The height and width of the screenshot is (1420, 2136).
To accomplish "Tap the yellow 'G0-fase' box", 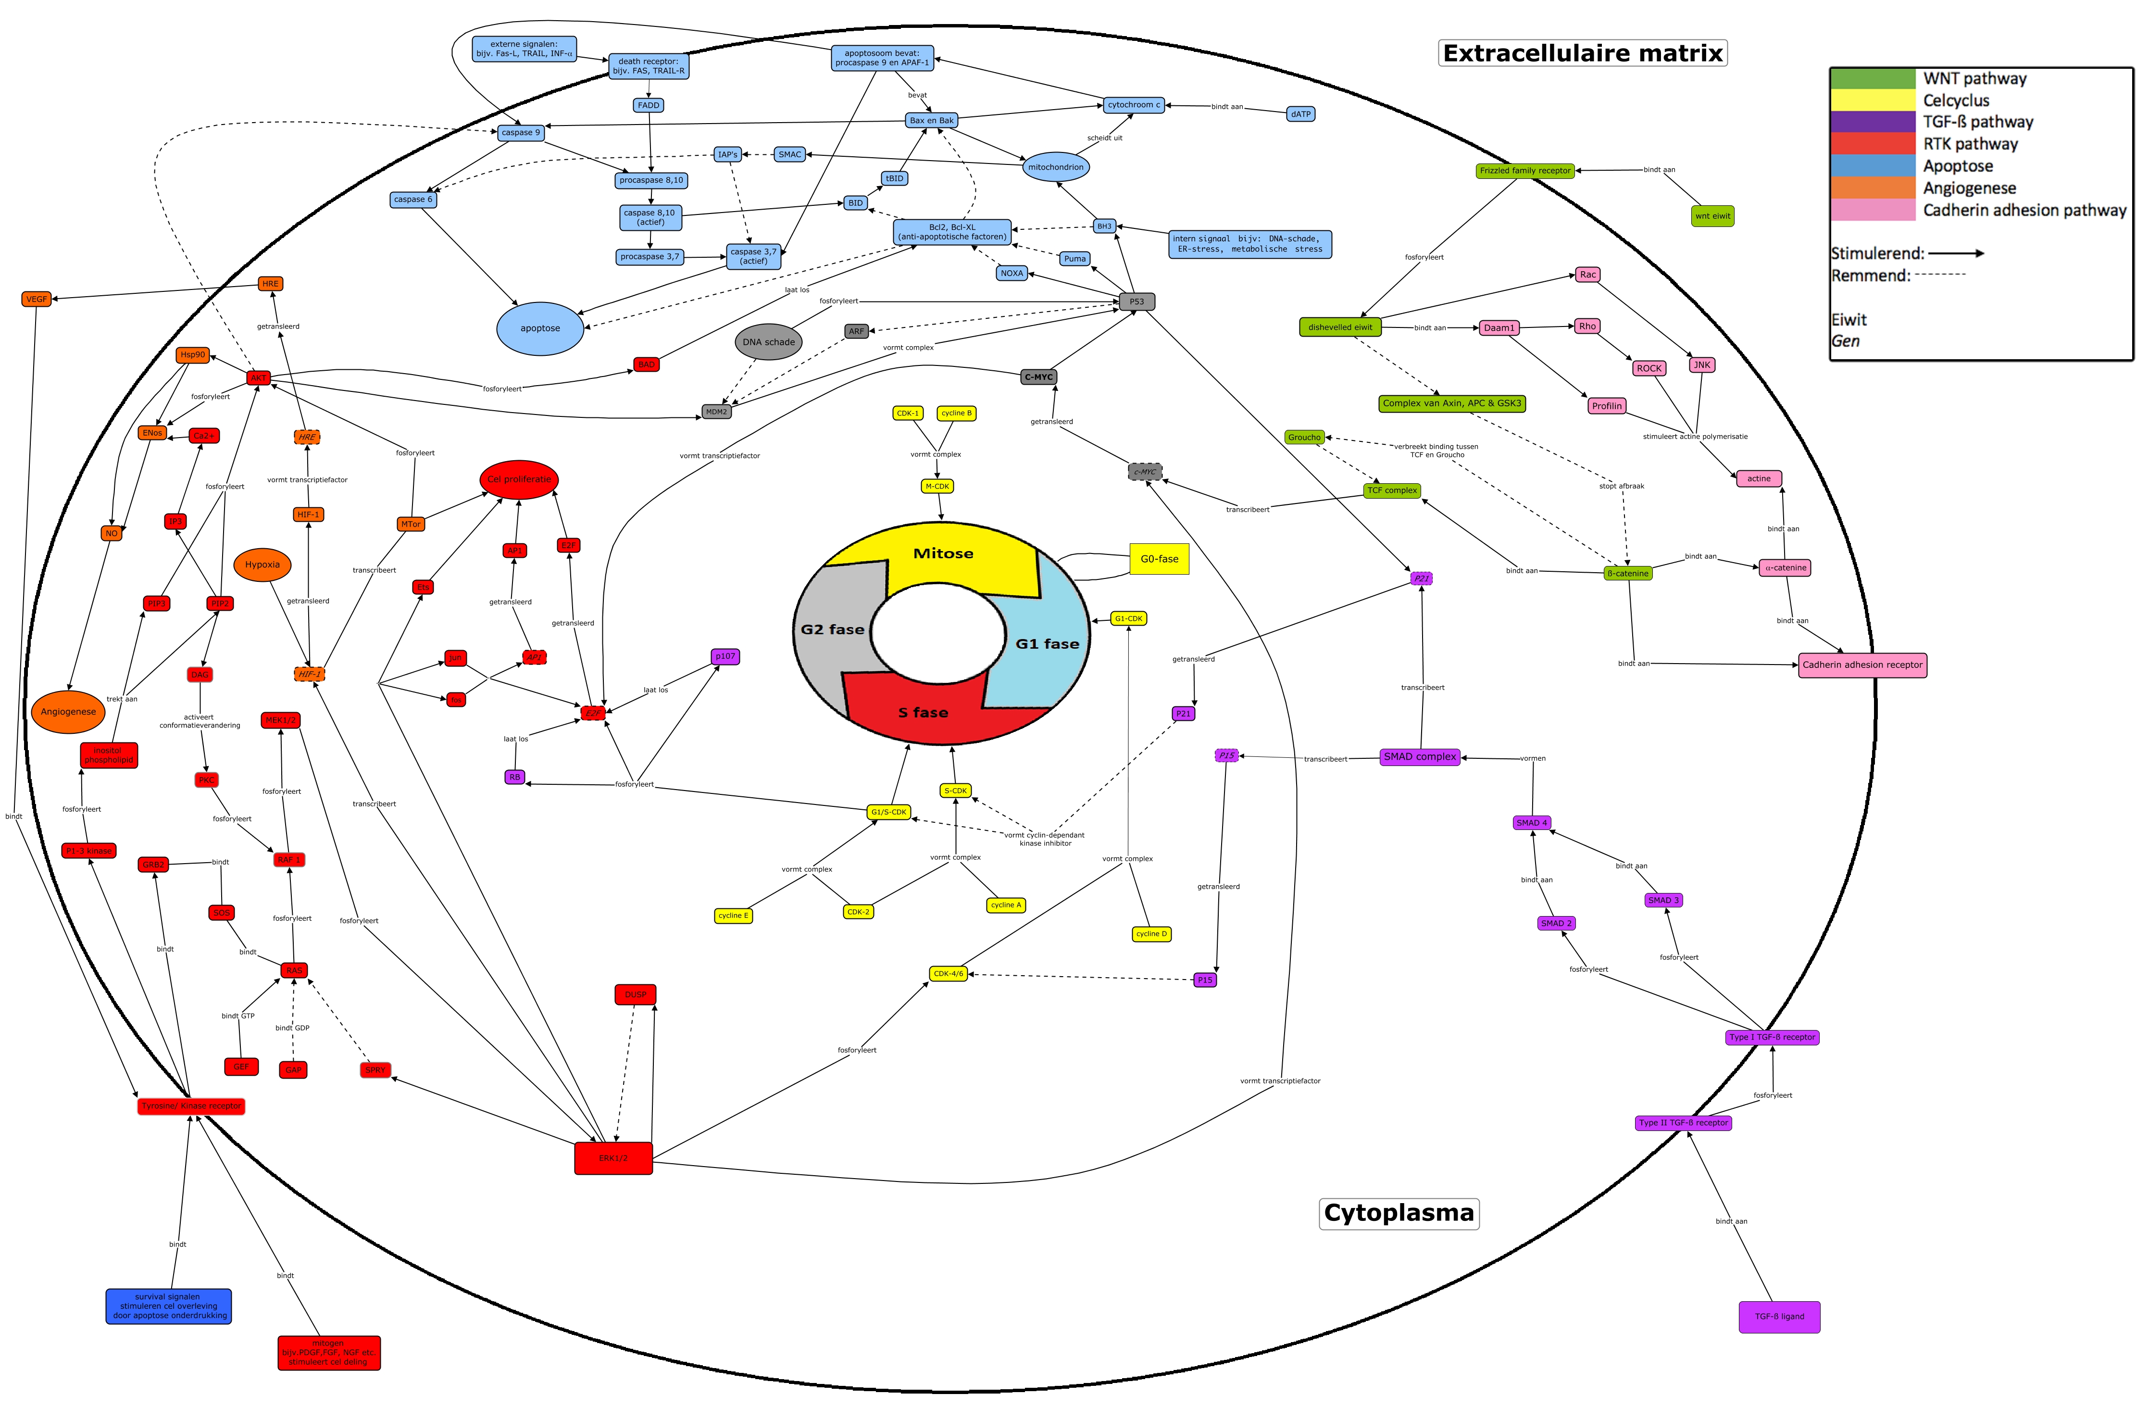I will [x=1159, y=559].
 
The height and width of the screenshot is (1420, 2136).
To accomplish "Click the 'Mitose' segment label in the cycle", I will [x=943, y=553].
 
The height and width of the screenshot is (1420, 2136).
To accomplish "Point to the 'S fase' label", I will [x=923, y=713].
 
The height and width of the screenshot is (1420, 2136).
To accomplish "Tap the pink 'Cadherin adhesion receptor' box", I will [x=1861, y=665].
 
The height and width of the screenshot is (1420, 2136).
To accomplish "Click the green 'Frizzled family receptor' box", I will [x=1525, y=170].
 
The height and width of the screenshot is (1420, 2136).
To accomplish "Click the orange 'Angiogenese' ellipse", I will [x=68, y=712].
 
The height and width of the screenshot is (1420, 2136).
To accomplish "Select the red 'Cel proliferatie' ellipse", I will [x=519, y=479].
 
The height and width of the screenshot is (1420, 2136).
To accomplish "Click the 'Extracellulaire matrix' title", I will [x=1582, y=53].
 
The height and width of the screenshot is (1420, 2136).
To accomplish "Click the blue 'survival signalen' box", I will [x=168, y=1306].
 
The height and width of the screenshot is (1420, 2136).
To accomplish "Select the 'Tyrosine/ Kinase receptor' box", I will [x=191, y=1106].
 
